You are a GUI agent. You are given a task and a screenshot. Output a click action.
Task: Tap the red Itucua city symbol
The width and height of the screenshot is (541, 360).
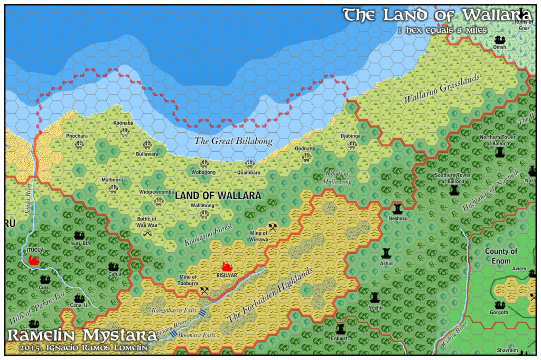click(x=34, y=260)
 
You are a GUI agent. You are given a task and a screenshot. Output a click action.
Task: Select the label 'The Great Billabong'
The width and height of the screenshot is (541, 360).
click(x=234, y=141)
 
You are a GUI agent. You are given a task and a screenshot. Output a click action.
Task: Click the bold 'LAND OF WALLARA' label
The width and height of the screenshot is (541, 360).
click(x=218, y=196)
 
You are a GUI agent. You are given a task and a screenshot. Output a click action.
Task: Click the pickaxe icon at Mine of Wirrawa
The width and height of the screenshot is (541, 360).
click(x=273, y=227)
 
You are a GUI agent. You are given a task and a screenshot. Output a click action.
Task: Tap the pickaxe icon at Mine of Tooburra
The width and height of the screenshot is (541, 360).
click(x=204, y=290)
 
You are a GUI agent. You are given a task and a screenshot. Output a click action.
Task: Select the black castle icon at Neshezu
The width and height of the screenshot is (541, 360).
click(x=397, y=207)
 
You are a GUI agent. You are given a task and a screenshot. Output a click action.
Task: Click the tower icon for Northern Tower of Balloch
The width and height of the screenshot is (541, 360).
click(x=500, y=152)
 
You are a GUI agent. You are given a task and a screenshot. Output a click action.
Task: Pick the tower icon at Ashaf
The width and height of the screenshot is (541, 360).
click(x=386, y=253)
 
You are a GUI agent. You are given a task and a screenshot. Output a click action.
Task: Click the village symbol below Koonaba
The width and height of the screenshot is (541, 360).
click(x=125, y=132)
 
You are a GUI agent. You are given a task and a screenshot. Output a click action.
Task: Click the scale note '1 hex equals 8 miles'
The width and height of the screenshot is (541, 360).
click(x=443, y=30)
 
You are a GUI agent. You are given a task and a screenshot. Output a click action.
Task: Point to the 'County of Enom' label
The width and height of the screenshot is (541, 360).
click(x=501, y=256)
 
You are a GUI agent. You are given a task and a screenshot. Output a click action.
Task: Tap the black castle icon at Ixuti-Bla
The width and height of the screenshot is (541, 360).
click(x=79, y=235)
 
